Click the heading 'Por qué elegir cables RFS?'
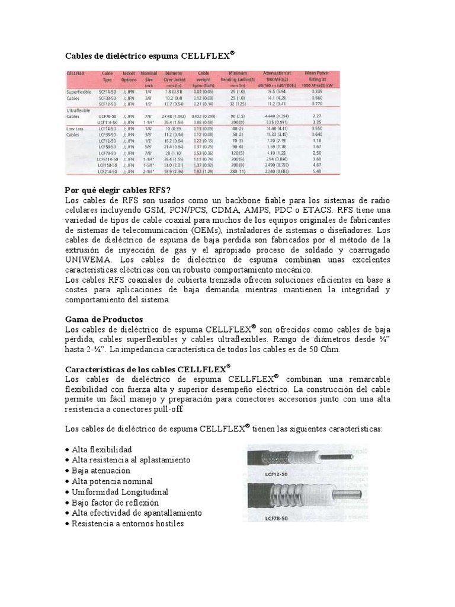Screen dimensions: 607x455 (117, 190)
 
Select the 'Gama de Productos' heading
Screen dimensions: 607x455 (104, 319)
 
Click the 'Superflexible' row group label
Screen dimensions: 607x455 (78, 91)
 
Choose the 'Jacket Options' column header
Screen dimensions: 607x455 (128, 75)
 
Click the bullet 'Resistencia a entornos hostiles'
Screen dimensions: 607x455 (127, 524)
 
